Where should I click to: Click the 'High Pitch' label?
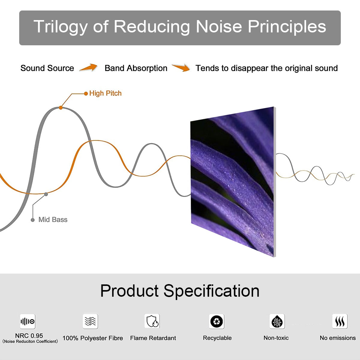pyautogui.click(x=105, y=93)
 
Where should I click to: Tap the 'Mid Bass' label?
pyautogui.click(x=53, y=220)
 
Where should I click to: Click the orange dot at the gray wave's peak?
pyautogui.click(x=61, y=107)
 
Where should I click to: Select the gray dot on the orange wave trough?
pyautogui.click(x=46, y=194)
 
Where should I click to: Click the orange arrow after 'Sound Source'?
pyautogui.click(x=88, y=68)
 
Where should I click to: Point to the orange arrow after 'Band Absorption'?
pyautogui.click(x=181, y=68)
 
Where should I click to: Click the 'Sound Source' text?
pyautogui.click(x=47, y=68)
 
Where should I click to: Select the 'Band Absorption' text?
pyautogui.click(x=136, y=68)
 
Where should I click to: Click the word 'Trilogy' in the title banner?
pyautogui.click(x=60, y=26)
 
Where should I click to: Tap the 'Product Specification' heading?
pyautogui.click(x=180, y=291)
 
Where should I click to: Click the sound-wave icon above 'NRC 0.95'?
pyautogui.click(x=28, y=322)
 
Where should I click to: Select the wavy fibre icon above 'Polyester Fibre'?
pyautogui.click(x=90, y=321)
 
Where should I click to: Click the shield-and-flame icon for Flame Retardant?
pyautogui.click(x=152, y=321)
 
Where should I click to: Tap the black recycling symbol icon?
pyautogui.click(x=217, y=321)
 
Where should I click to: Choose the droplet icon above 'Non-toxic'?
pyautogui.click(x=277, y=322)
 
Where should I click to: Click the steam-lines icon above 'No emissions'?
pyautogui.click(x=340, y=321)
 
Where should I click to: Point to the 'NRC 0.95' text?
pyautogui.click(x=29, y=336)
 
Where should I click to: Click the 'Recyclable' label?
pyautogui.click(x=217, y=338)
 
